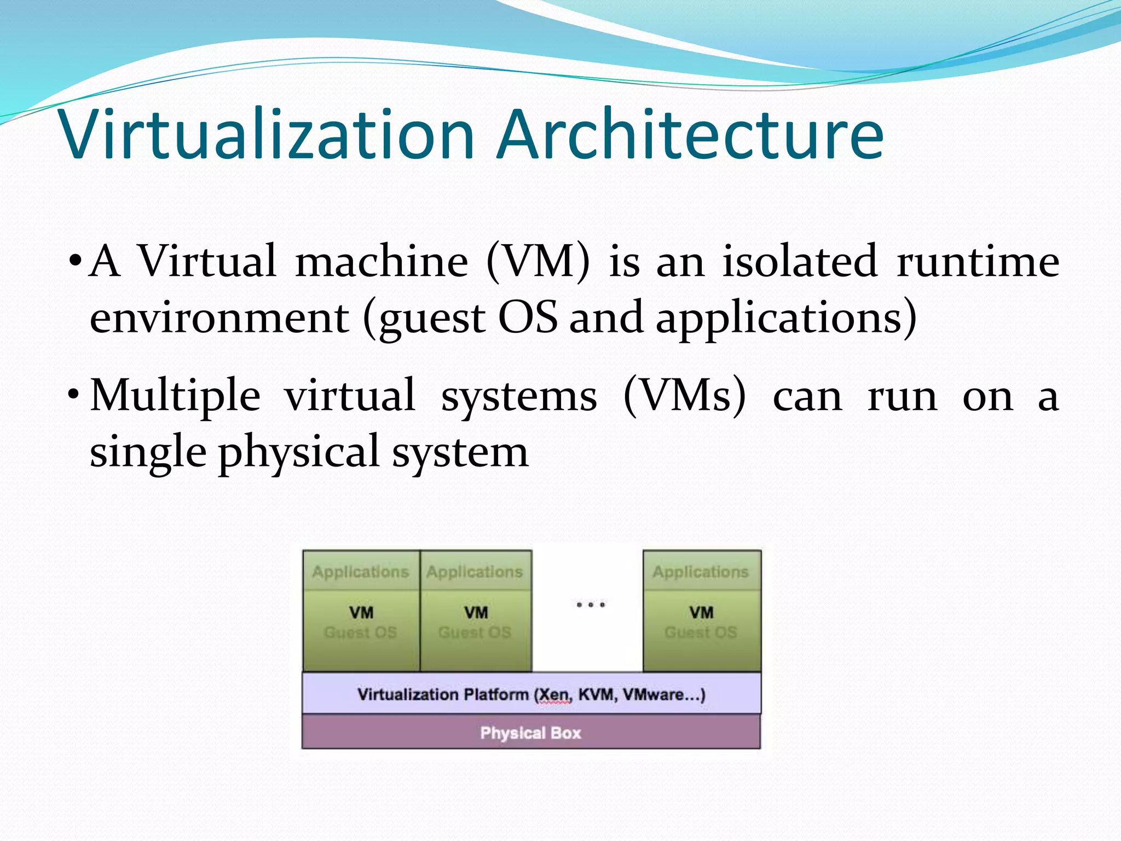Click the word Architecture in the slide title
(691, 135)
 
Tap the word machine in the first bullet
(382, 262)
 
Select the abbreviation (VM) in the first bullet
(539, 262)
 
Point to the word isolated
(800, 262)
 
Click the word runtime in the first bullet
(978, 262)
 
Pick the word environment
(219, 318)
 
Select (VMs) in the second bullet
(685, 395)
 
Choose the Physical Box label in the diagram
(530, 733)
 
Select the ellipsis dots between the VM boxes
(591, 604)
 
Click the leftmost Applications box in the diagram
(361, 571)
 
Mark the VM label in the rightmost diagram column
(701, 612)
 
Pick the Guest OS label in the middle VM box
(475, 632)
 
